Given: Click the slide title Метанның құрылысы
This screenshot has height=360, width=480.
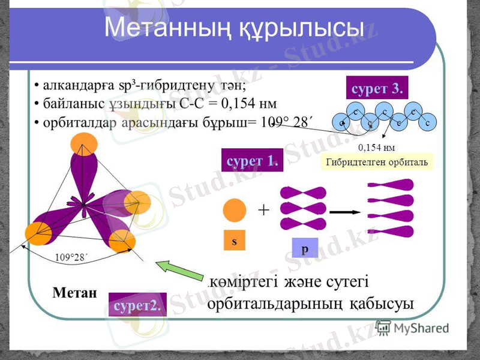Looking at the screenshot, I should pyautogui.click(x=234, y=28).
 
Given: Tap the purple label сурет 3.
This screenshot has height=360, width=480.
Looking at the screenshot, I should pyautogui.click(x=377, y=88).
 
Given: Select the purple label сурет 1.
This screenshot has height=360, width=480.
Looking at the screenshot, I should pyautogui.click(x=252, y=160).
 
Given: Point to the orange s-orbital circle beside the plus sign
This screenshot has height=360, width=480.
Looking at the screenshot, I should pyautogui.click(x=235, y=211).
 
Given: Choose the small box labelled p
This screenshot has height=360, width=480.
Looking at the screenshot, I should pyautogui.click(x=304, y=248).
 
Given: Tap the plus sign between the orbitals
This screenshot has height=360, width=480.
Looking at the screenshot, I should pyautogui.click(x=263, y=211).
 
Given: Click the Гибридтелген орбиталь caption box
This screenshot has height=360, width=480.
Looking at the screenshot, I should pyautogui.click(x=377, y=161).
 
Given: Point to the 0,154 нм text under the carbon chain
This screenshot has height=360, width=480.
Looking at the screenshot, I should pyautogui.click(x=376, y=146).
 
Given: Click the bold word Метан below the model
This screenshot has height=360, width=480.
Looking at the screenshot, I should pyautogui.click(x=74, y=292).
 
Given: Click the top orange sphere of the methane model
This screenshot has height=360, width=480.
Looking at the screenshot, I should pyautogui.click(x=84, y=144).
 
